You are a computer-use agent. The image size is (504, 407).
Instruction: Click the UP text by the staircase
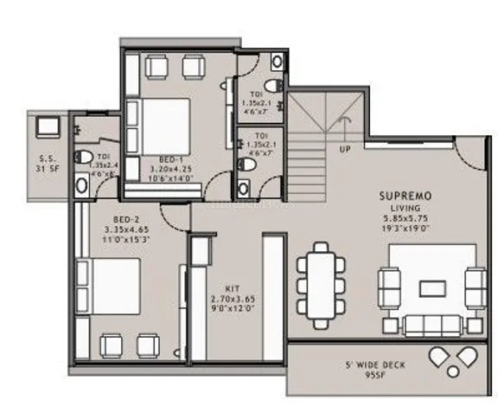(x=345, y=149)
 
